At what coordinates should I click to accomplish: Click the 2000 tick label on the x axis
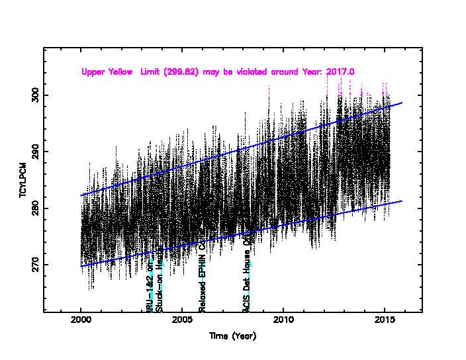pos(81,321)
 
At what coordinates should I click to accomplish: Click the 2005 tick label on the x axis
pos(182,321)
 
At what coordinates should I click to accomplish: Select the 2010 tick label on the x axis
pos(283,321)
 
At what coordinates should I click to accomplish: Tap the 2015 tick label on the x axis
pos(385,321)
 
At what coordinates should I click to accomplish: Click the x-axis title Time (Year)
pos(232,336)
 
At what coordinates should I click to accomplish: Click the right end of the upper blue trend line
pos(402,103)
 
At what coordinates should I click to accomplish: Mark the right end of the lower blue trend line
pos(402,201)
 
